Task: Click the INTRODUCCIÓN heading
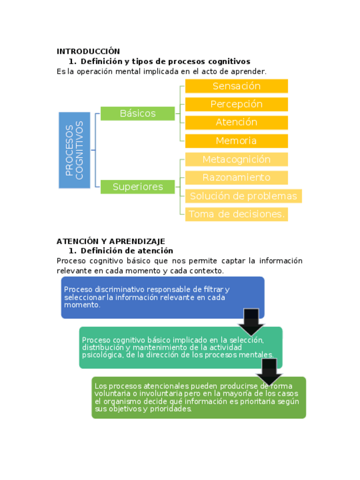tap(88, 52)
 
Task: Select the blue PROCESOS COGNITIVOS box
tap(74, 150)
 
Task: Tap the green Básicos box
tap(138, 113)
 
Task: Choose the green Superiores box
tap(138, 187)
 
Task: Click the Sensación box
tap(237, 86)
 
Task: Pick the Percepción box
tap(237, 104)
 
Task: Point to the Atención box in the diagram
tap(237, 122)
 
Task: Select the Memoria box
tap(237, 141)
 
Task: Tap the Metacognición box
tap(237, 160)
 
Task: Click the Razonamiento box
tap(237, 178)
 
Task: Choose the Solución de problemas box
tap(243, 196)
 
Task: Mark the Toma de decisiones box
tap(236, 215)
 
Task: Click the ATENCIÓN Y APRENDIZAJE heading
tap(110, 241)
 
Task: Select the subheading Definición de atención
tap(127, 251)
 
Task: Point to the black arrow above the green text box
tap(269, 372)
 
